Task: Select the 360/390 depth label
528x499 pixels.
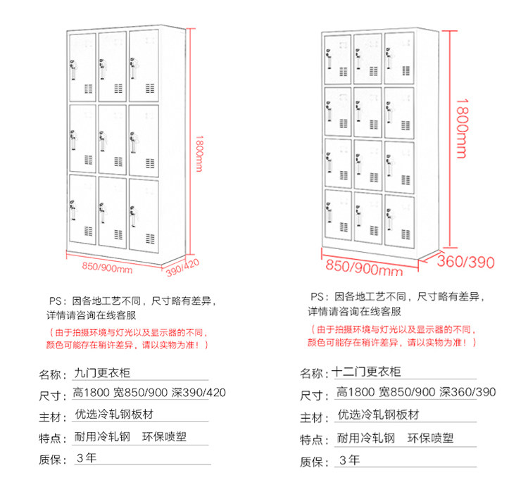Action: coord(465,263)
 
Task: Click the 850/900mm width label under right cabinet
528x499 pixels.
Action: coord(363,268)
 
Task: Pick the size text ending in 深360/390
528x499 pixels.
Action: coord(416,392)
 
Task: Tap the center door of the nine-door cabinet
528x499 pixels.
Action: coord(112,139)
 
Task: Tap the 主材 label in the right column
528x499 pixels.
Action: coord(313,418)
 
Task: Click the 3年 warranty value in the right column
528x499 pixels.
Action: coord(349,461)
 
